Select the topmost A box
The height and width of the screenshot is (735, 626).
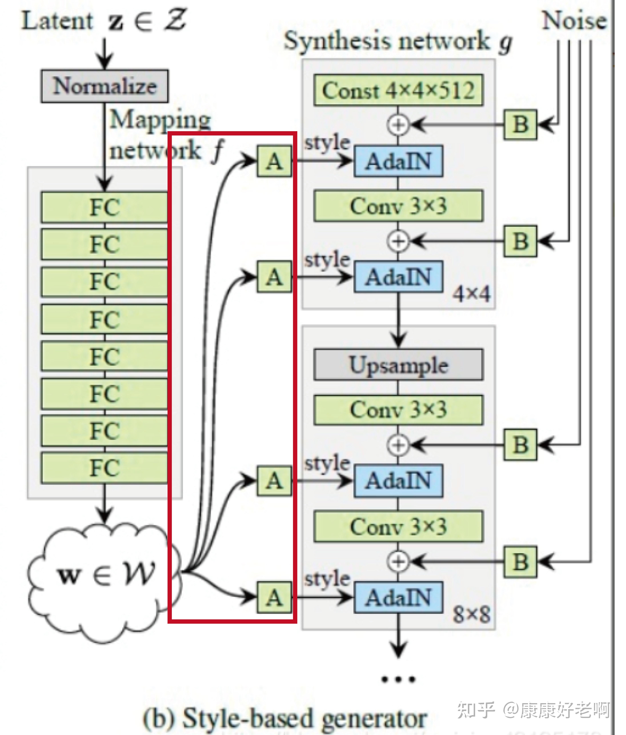(x=274, y=161)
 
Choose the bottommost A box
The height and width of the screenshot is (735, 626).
(x=274, y=598)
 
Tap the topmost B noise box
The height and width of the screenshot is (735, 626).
(x=520, y=124)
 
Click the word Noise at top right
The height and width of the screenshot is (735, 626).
(x=574, y=21)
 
